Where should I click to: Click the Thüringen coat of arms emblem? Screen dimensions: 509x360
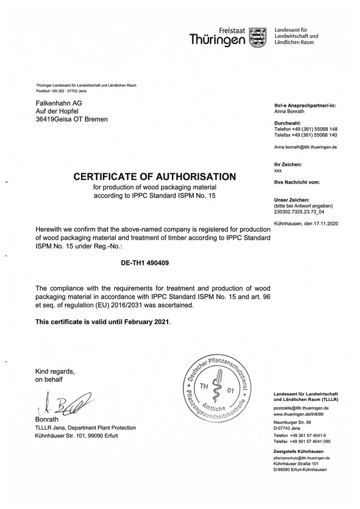coord(258,38)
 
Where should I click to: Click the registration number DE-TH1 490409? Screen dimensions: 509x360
coord(145,262)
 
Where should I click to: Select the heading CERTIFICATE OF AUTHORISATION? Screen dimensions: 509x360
coord(155,177)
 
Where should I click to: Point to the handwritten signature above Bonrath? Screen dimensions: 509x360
coord(60,401)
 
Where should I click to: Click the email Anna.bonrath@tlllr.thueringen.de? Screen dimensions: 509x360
coord(305,147)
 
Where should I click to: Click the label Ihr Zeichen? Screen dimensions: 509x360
coord(288,164)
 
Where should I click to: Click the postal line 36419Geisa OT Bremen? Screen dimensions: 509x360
coord(71,119)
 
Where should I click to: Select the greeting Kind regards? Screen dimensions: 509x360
coord(55,371)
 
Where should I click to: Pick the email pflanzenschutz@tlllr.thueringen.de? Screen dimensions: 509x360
coord(301,458)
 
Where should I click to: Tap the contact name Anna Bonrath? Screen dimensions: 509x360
coord(290,111)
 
